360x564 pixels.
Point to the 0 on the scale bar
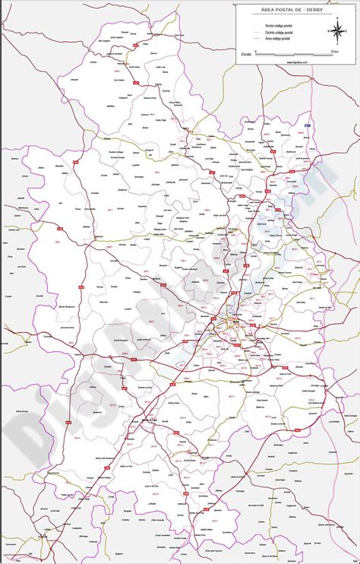pos(256,51)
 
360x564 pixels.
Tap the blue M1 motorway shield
pos(308,125)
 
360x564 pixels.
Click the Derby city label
pos(226,327)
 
